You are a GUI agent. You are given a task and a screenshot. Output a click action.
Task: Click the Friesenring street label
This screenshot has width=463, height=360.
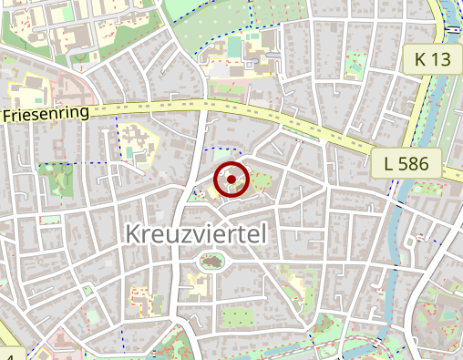pyautogui.click(x=46, y=115)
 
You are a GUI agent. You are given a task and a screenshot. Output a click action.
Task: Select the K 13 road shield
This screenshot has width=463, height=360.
pyautogui.click(x=432, y=59)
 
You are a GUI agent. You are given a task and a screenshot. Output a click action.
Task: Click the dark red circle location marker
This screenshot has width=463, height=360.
pyautogui.click(x=231, y=179)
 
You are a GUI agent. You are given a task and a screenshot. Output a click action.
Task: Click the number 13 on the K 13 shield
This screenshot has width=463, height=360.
pyautogui.click(x=442, y=59)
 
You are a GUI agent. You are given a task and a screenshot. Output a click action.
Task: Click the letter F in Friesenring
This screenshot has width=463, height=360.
pyautogui.click(x=7, y=118)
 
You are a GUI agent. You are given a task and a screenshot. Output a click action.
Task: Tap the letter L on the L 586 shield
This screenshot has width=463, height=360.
pyautogui.click(x=390, y=165)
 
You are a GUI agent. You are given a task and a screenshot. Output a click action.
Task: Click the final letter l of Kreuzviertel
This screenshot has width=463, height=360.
pyautogui.click(x=263, y=234)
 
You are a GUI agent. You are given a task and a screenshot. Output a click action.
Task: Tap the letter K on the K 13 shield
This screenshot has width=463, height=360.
pyautogui.click(x=420, y=59)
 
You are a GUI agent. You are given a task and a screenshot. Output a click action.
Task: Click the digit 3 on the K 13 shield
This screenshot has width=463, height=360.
pyautogui.click(x=447, y=59)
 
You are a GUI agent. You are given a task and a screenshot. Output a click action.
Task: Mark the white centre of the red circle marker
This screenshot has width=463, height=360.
pyautogui.click(x=231, y=179)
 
